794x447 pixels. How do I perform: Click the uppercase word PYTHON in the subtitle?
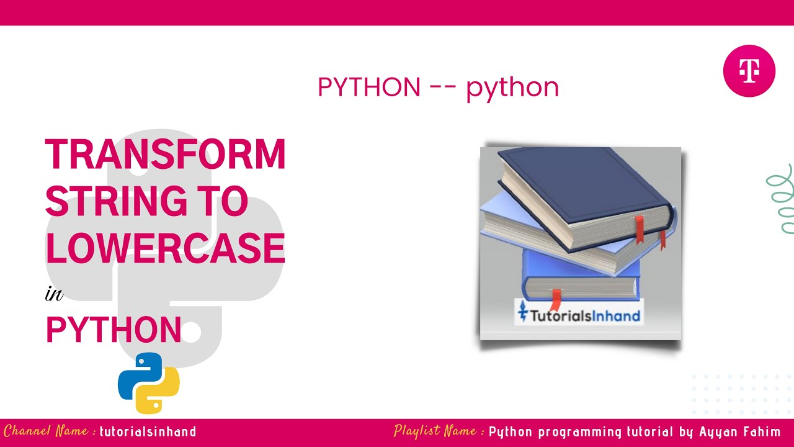(x=369, y=88)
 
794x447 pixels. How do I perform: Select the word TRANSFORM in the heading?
(x=165, y=155)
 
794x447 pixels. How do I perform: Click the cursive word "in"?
(x=54, y=293)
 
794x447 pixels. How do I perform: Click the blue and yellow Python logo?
(x=149, y=383)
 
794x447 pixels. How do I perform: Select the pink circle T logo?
(x=749, y=71)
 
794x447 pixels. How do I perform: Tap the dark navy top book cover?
(x=583, y=180)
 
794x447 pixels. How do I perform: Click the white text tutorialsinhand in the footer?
(x=148, y=431)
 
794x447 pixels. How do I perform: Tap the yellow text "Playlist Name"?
(x=437, y=431)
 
